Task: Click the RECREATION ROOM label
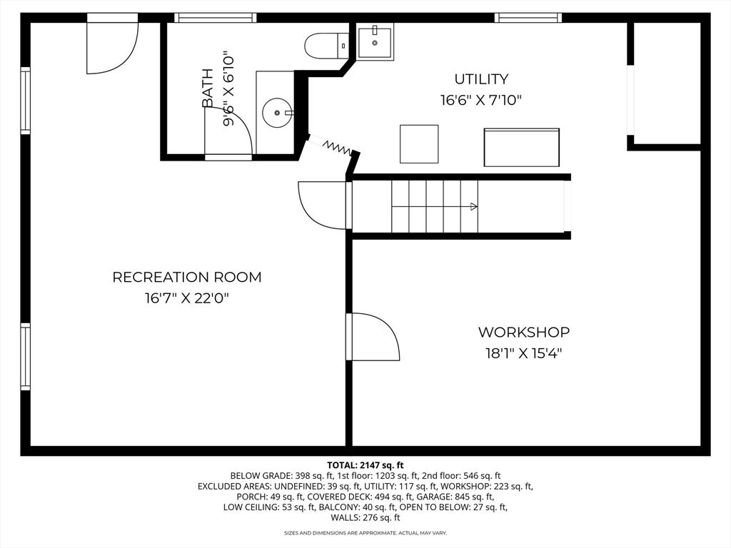point(187,277)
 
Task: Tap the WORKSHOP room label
point(523,332)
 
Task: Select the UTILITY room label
point(481,78)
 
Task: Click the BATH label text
point(208,88)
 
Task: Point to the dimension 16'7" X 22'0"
point(187,298)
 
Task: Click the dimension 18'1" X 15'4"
point(523,352)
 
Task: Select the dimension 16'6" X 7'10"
point(481,100)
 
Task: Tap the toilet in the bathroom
point(326,46)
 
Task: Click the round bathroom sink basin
point(277,112)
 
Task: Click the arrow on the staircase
point(473,207)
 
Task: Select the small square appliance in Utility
point(419,143)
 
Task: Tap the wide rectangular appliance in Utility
point(521,147)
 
